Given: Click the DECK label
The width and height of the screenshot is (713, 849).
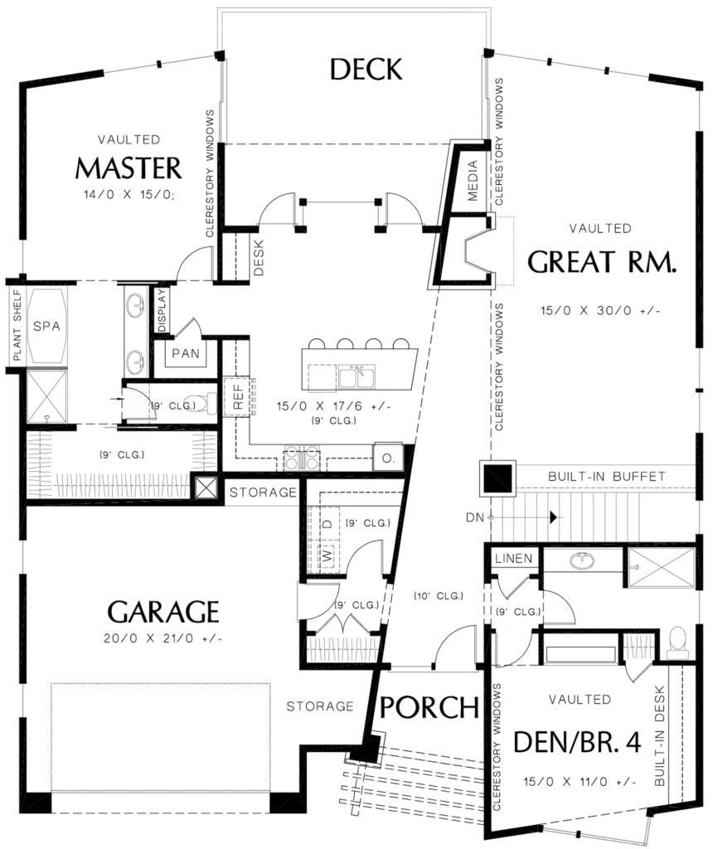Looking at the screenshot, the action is (x=366, y=70).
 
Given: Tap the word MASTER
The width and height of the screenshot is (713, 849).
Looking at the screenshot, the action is (x=129, y=167).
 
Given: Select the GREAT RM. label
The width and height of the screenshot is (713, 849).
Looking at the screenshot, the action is (x=601, y=262).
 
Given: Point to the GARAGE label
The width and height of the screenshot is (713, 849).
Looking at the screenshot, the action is (x=163, y=612).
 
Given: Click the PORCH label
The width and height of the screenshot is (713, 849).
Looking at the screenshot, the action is (x=429, y=708).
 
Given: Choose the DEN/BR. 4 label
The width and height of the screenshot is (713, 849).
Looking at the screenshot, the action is (x=577, y=742).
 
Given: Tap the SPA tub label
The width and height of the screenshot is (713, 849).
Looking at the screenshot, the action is (x=46, y=326).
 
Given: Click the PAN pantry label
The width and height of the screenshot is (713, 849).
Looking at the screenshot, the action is (x=185, y=353).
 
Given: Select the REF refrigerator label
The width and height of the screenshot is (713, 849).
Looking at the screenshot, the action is (x=238, y=397).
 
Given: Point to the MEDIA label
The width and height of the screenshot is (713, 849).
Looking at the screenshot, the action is (x=473, y=180).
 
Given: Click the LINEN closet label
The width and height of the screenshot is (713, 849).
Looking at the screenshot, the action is (x=513, y=558).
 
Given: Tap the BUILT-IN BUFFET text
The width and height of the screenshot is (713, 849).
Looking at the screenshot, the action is (x=606, y=477).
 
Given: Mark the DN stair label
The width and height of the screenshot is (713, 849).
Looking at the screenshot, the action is (x=475, y=517).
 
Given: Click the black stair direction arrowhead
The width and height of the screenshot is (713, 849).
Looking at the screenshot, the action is (x=553, y=517).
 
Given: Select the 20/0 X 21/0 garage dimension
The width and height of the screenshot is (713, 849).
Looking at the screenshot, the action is (x=163, y=638).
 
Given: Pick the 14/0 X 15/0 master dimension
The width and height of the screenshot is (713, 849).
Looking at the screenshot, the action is (x=129, y=194).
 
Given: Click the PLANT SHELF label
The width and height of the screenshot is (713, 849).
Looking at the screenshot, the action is (x=17, y=325).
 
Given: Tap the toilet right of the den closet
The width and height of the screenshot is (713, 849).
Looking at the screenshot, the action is (x=677, y=643).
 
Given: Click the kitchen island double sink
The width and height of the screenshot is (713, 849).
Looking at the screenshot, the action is (x=356, y=376).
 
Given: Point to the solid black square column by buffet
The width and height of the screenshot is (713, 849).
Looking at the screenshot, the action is (x=497, y=478).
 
